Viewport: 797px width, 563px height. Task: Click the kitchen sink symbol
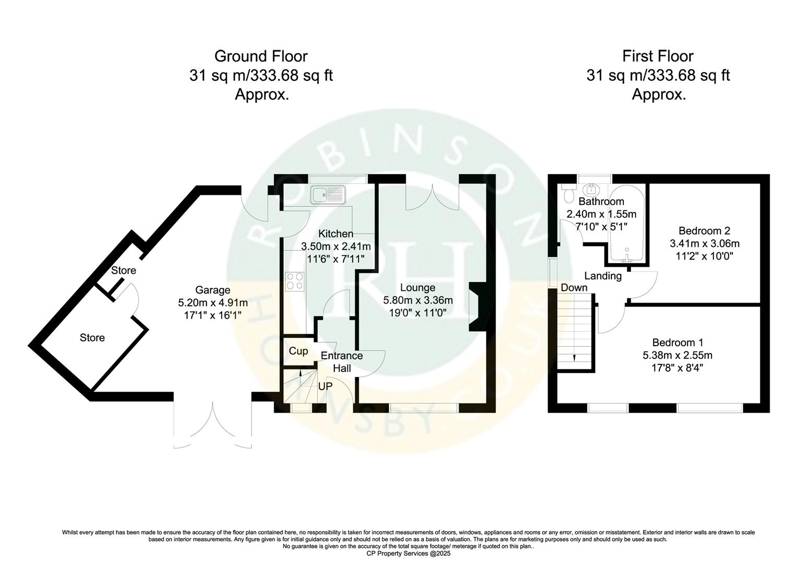coord(328,195)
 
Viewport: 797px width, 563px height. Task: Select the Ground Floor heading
coord(261,56)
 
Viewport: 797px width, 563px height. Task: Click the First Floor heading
coord(658,56)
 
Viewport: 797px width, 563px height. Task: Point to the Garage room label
coord(212,290)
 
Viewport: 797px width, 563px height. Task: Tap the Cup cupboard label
coord(298,351)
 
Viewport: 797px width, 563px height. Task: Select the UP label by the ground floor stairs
coord(324,387)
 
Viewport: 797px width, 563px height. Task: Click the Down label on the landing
coord(574,288)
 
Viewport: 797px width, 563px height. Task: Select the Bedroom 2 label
coord(704,230)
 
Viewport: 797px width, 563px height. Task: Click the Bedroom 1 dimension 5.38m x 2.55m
coord(678,356)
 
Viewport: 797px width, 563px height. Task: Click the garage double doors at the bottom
coord(213,422)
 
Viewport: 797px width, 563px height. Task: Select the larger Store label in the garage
coord(92,338)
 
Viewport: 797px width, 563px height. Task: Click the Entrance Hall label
coord(342,362)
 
